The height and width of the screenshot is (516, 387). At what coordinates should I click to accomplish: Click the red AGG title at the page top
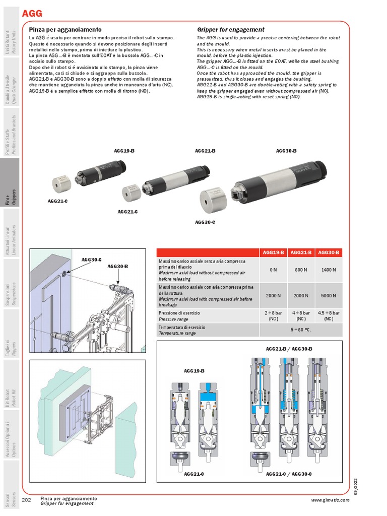pos(32,14)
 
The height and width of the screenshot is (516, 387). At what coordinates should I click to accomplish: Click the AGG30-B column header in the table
pos(329,252)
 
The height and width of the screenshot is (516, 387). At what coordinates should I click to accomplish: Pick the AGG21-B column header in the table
pos(301,252)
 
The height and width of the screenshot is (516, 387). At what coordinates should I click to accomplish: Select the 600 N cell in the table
pos(301,270)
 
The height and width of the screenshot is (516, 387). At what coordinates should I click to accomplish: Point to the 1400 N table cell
pos(329,270)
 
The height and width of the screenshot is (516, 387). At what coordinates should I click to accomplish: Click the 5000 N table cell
pos(329,296)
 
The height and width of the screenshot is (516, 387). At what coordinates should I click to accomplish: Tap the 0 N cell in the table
pos(273,270)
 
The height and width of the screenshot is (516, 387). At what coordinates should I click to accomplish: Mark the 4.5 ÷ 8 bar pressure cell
pos(329,316)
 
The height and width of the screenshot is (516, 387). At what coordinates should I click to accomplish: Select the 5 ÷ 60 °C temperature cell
pos(301,330)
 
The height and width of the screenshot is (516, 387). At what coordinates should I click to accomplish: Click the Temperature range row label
pos(177,333)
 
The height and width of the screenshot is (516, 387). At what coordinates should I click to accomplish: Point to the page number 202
pos(27,500)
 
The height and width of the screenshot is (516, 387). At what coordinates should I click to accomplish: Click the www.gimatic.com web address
pos(329,500)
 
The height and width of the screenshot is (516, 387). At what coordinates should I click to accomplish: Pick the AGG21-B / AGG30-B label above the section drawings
pos(289,349)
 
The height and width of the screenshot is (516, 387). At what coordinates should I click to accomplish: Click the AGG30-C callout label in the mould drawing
pos(91,260)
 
